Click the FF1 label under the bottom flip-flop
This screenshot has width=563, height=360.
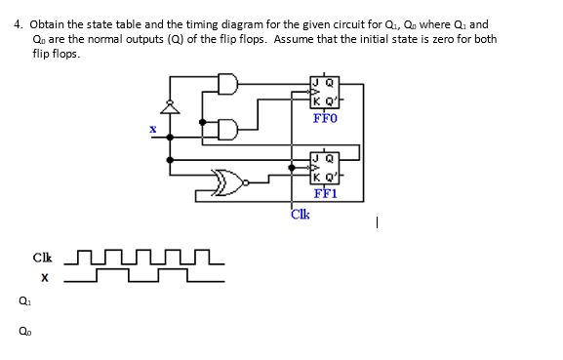(325, 191)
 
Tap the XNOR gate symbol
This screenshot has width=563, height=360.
(230, 180)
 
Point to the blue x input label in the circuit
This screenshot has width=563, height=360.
(152, 128)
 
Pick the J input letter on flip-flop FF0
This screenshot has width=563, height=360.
(315, 82)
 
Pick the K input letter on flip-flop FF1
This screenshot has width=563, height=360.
(315, 176)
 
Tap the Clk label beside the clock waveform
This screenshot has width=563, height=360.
(42, 259)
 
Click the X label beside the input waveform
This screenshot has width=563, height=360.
(45, 278)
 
